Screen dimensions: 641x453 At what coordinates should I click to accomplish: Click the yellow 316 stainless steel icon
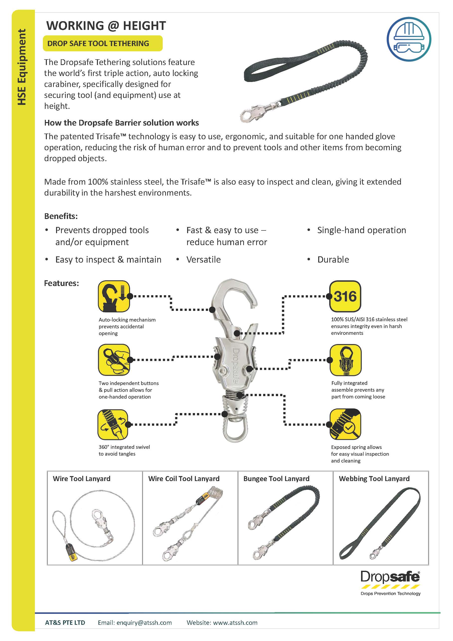(345, 296)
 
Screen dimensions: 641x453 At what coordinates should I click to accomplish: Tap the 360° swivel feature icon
(113, 424)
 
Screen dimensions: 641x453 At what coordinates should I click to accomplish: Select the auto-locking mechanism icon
(114, 296)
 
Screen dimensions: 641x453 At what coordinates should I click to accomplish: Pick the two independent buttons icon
(114, 360)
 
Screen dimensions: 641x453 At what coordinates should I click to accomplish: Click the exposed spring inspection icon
(345, 424)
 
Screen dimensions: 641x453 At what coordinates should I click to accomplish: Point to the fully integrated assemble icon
(345, 360)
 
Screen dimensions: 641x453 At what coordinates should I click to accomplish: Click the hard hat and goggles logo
(409, 39)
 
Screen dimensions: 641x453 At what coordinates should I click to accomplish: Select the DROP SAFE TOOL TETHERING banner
(102, 44)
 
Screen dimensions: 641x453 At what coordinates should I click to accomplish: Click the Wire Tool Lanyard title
(81, 479)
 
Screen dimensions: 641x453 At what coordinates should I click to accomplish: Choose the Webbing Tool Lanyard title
(374, 479)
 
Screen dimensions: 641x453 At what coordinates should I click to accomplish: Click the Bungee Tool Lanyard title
(276, 479)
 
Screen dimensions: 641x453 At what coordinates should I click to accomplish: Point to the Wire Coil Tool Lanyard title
(184, 479)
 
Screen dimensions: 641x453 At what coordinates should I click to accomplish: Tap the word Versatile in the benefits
(203, 260)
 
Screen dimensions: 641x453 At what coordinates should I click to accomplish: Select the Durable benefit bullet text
(333, 260)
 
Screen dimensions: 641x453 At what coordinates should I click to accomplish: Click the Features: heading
(62, 283)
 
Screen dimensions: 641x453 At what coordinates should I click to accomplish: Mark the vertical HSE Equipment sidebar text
(22, 67)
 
